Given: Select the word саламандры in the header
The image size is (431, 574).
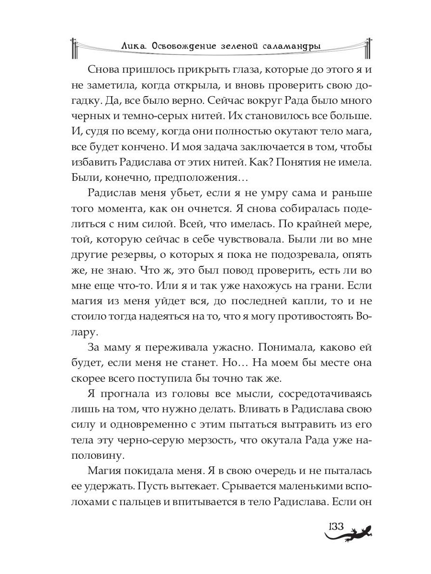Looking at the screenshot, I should point(291,45).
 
